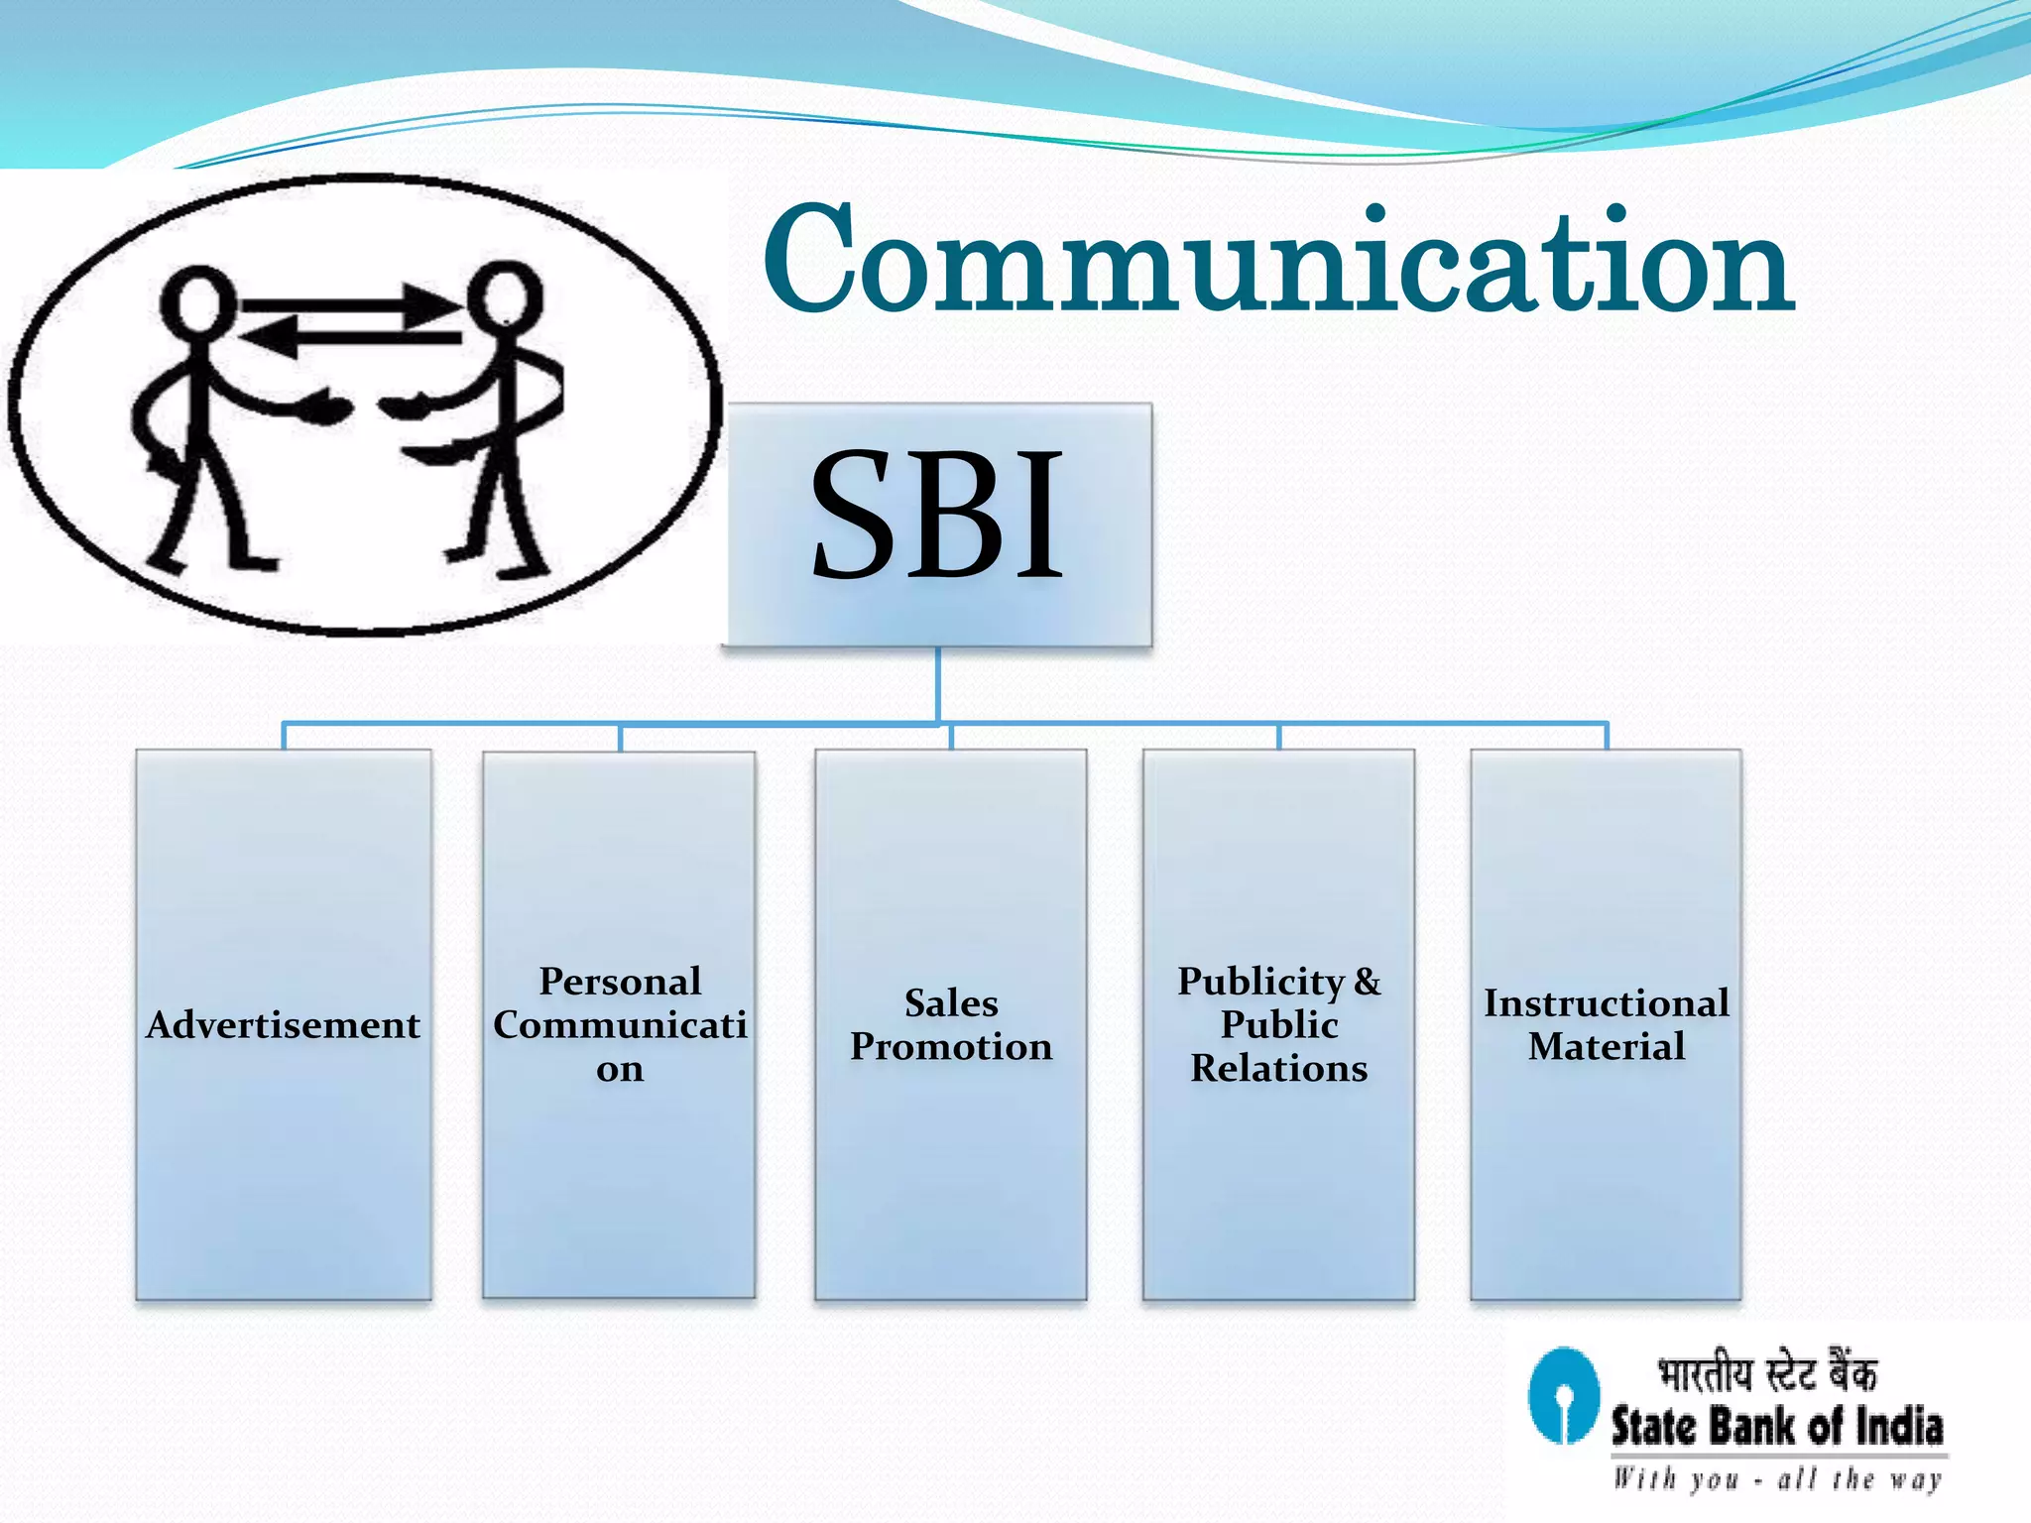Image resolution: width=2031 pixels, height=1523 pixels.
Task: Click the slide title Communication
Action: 1277,260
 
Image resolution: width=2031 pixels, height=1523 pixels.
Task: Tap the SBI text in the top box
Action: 937,516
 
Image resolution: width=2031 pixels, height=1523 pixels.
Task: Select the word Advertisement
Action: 284,1024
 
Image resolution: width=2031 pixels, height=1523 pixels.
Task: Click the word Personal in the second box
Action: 620,981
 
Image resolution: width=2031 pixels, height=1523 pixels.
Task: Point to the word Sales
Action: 951,1002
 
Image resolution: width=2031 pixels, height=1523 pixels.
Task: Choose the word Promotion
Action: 951,1046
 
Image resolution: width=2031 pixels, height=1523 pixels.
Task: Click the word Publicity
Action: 1259,981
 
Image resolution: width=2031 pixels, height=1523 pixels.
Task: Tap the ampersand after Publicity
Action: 1368,981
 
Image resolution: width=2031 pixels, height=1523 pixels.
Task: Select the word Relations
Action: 1278,1068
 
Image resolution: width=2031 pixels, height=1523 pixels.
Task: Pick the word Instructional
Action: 1606,1002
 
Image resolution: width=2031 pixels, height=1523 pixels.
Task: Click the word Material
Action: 1606,1046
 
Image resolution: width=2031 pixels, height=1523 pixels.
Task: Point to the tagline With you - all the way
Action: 1776,1479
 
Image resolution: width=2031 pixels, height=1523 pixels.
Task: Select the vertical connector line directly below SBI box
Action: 938,684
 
